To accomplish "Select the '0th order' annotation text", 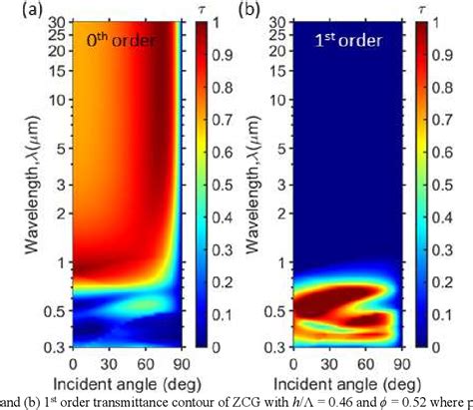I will coord(123,45).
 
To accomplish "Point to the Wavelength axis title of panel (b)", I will coord(263,190).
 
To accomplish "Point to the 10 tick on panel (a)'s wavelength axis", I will coord(59,101).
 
